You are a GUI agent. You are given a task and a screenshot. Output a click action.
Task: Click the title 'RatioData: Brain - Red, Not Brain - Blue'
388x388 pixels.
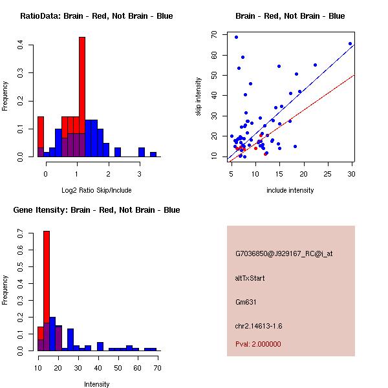[96, 16]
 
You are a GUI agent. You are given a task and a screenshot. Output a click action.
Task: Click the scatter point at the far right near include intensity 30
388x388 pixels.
[350, 43]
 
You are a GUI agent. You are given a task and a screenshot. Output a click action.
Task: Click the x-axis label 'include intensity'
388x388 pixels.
[290, 191]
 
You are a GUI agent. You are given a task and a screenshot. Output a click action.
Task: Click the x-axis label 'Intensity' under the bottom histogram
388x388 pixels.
[96, 384]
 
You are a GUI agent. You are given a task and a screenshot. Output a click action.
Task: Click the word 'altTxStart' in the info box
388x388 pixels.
[250, 278]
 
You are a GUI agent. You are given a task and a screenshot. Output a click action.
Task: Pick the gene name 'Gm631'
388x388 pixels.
[246, 301]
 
